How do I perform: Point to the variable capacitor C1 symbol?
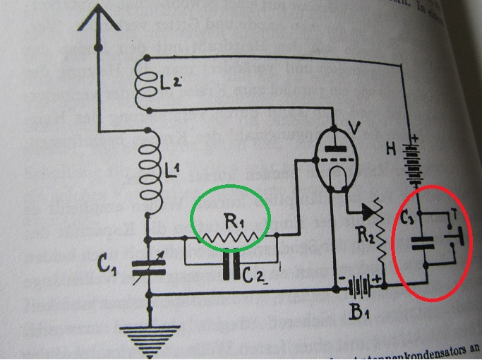(x=150, y=265)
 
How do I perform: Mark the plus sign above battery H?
(x=414, y=138)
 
